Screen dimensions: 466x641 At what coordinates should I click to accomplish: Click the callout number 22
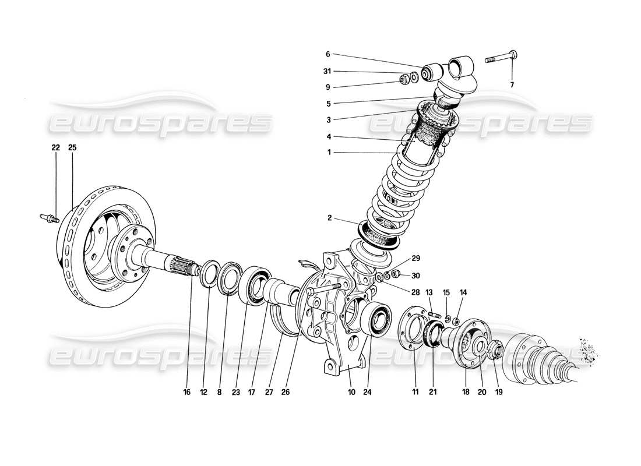55,148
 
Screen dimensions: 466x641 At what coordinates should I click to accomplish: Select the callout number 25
73,148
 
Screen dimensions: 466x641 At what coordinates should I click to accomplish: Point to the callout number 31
327,72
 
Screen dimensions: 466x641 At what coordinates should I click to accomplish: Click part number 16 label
187,393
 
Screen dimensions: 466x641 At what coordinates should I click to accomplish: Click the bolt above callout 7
501,57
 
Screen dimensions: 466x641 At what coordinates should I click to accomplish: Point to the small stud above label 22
48,218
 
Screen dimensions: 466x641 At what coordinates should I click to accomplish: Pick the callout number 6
327,54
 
